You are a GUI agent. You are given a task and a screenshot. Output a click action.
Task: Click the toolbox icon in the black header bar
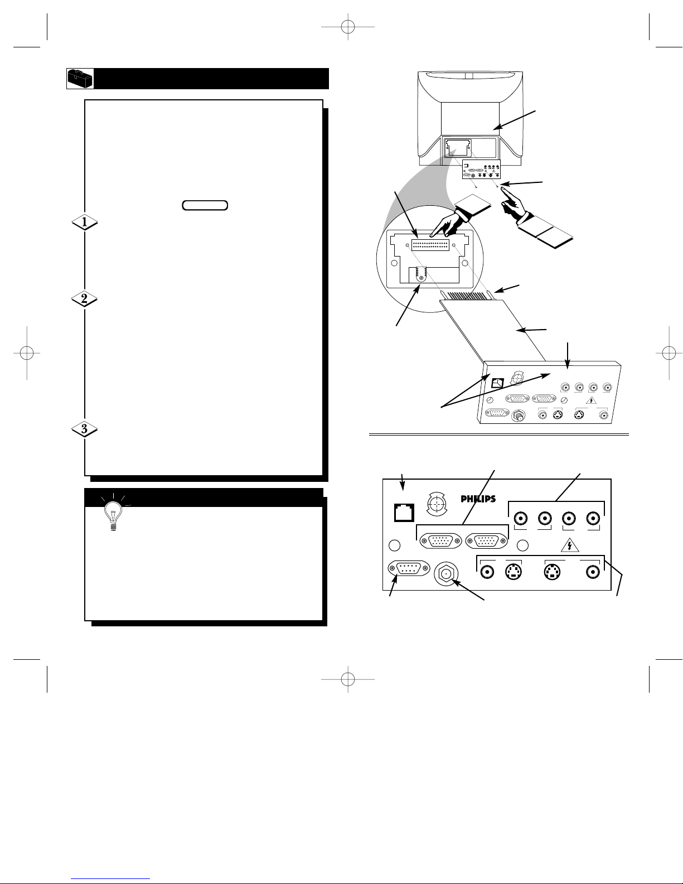coord(80,79)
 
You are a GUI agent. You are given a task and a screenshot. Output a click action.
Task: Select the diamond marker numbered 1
coord(85,222)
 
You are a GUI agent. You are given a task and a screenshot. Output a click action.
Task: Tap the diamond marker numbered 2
coord(85,300)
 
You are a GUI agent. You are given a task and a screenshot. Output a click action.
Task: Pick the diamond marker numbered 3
coord(85,429)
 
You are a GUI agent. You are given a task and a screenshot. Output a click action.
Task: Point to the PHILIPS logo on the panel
coord(478,499)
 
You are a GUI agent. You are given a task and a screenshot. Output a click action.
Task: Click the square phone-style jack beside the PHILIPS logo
coord(404,513)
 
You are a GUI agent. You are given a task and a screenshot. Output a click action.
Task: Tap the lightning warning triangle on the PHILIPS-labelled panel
coord(570,545)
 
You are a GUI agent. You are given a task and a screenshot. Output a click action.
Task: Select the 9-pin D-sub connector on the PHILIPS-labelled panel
coord(409,568)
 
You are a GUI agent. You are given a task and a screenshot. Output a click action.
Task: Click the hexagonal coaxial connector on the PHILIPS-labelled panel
coord(446,573)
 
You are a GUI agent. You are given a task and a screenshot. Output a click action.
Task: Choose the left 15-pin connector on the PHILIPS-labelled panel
coord(440,541)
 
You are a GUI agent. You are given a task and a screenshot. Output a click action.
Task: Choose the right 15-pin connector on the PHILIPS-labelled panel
coord(487,541)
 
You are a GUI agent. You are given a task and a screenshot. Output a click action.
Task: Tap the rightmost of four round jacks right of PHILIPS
coord(593,519)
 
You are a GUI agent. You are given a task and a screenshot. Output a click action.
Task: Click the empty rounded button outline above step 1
coord(205,205)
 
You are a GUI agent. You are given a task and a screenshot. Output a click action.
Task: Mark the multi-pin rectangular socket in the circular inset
coord(430,245)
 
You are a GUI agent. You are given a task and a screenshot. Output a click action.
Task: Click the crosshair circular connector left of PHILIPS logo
coord(437,504)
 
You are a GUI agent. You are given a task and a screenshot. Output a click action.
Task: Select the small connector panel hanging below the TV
coord(481,170)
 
